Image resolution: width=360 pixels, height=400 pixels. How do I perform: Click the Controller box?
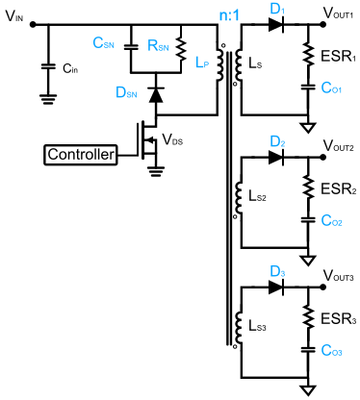click(81, 155)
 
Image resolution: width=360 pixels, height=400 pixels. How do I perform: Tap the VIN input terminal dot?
click(32, 24)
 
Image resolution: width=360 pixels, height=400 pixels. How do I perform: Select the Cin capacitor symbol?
click(48, 67)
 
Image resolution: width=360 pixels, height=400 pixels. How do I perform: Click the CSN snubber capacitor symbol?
click(131, 47)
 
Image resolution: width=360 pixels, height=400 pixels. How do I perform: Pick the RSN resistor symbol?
click(181, 49)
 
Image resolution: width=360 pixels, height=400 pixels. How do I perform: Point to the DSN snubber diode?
click(156, 94)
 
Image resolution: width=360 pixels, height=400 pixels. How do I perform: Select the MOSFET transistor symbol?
click(147, 140)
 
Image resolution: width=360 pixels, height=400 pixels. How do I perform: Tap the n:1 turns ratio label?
click(229, 15)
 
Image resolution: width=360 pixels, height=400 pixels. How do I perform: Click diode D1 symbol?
click(276, 24)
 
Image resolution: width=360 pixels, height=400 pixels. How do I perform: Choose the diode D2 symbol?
click(276, 157)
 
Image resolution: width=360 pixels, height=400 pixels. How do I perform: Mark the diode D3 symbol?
click(276, 287)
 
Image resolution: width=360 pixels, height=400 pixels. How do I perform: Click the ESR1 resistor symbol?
click(308, 55)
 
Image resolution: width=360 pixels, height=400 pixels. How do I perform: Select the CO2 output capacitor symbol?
click(308, 220)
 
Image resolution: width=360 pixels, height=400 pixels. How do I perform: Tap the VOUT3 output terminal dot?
click(322, 287)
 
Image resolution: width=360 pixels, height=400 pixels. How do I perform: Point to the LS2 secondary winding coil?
click(239, 197)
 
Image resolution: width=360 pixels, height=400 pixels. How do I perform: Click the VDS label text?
click(172, 139)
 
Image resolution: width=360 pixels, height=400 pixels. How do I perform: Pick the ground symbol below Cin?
click(48, 99)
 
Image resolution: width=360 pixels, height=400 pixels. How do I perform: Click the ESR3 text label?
click(339, 319)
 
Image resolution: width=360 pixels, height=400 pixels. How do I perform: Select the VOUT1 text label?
click(338, 12)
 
